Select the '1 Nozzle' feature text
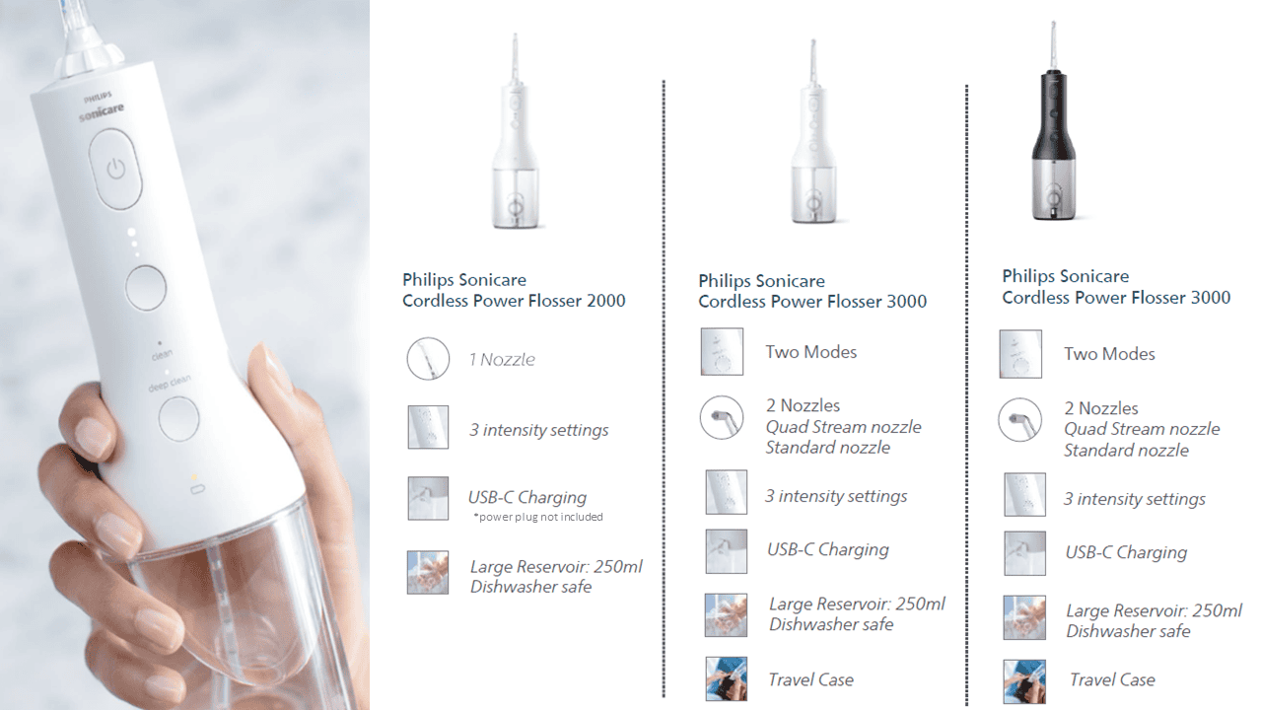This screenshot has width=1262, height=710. (x=502, y=359)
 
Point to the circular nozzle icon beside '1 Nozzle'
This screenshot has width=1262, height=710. (x=428, y=358)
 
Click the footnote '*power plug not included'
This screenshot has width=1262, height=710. (x=538, y=517)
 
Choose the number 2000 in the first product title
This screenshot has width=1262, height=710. (x=605, y=301)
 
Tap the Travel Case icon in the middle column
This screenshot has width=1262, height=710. (x=727, y=678)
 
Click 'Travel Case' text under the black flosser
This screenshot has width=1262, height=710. (x=1112, y=679)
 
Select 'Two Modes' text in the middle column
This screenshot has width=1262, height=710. (x=810, y=352)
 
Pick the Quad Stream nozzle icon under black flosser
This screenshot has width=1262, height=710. (x=1020, y=420)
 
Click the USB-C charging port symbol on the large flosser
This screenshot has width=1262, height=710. (x=198, y=489)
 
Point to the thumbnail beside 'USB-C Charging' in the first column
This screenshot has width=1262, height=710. (x=428, y=499)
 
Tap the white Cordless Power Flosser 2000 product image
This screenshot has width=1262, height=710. (x=516, y=131)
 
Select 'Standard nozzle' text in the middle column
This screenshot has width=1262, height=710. (x=827, y=448)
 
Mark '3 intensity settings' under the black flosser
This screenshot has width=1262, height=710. (x=1134, y=499)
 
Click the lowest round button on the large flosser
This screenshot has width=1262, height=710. (x=178, y=418)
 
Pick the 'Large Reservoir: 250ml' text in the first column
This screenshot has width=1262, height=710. (x=556, y=566)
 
